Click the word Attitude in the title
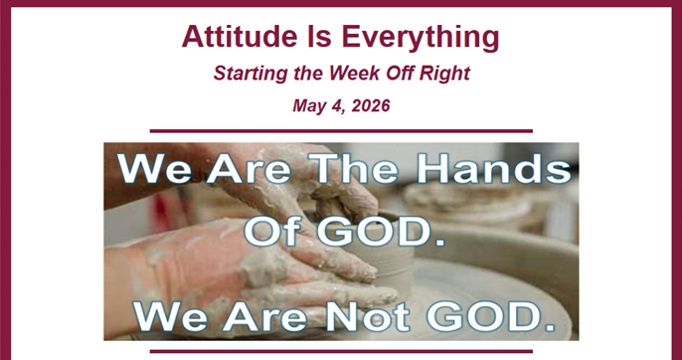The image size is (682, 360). (x=233, y=36)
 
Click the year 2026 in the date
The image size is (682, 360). (x=370, y=105)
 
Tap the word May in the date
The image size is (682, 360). (x=308, y=106)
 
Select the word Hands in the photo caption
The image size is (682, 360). (x=494, y=169)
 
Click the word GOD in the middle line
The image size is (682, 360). (x=373, y=231)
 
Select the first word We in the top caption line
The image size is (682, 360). (x=154, y=169)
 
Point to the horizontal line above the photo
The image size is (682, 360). (x=341, y=131)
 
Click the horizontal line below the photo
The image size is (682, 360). (x=341, y=351)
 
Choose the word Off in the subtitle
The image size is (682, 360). (x=400, y=73)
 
